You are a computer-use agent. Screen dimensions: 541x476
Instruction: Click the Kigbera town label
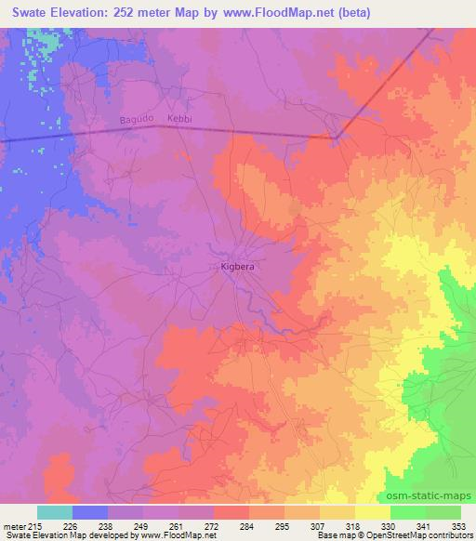(x=238, y=267)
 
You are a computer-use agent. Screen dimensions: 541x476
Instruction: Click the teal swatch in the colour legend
(x=55, y=512)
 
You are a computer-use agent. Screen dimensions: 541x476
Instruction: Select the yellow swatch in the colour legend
(x=372, y=512)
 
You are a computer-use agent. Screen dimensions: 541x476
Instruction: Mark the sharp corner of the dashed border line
(x=336, y=138)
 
